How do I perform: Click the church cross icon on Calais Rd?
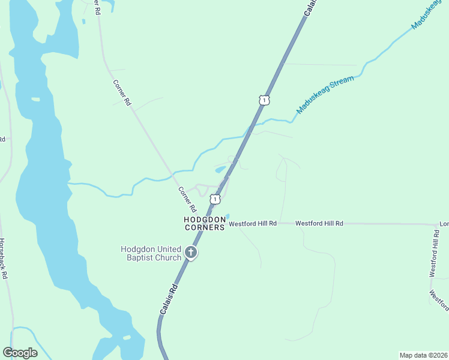(191, 252)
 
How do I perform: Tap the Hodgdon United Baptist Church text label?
(151, 253)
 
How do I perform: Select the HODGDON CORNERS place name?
(204, 224)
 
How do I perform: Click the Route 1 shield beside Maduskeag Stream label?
(264, 100)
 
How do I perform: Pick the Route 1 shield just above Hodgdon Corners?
(215, 198)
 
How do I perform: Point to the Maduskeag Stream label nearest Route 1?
(325, 95)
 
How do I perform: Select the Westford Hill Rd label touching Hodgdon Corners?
(253, 223)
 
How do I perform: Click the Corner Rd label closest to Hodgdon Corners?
(187, 200)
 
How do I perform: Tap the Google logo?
(20, 353)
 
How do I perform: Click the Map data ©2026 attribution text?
(423, 355)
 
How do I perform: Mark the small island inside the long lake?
(35, 98)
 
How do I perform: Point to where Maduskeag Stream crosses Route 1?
(248, 130)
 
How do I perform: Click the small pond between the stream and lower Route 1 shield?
(220, 170)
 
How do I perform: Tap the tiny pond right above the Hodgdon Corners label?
(226, 217)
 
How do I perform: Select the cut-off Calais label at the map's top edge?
(310, 7)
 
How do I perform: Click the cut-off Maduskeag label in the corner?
(430, 16)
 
